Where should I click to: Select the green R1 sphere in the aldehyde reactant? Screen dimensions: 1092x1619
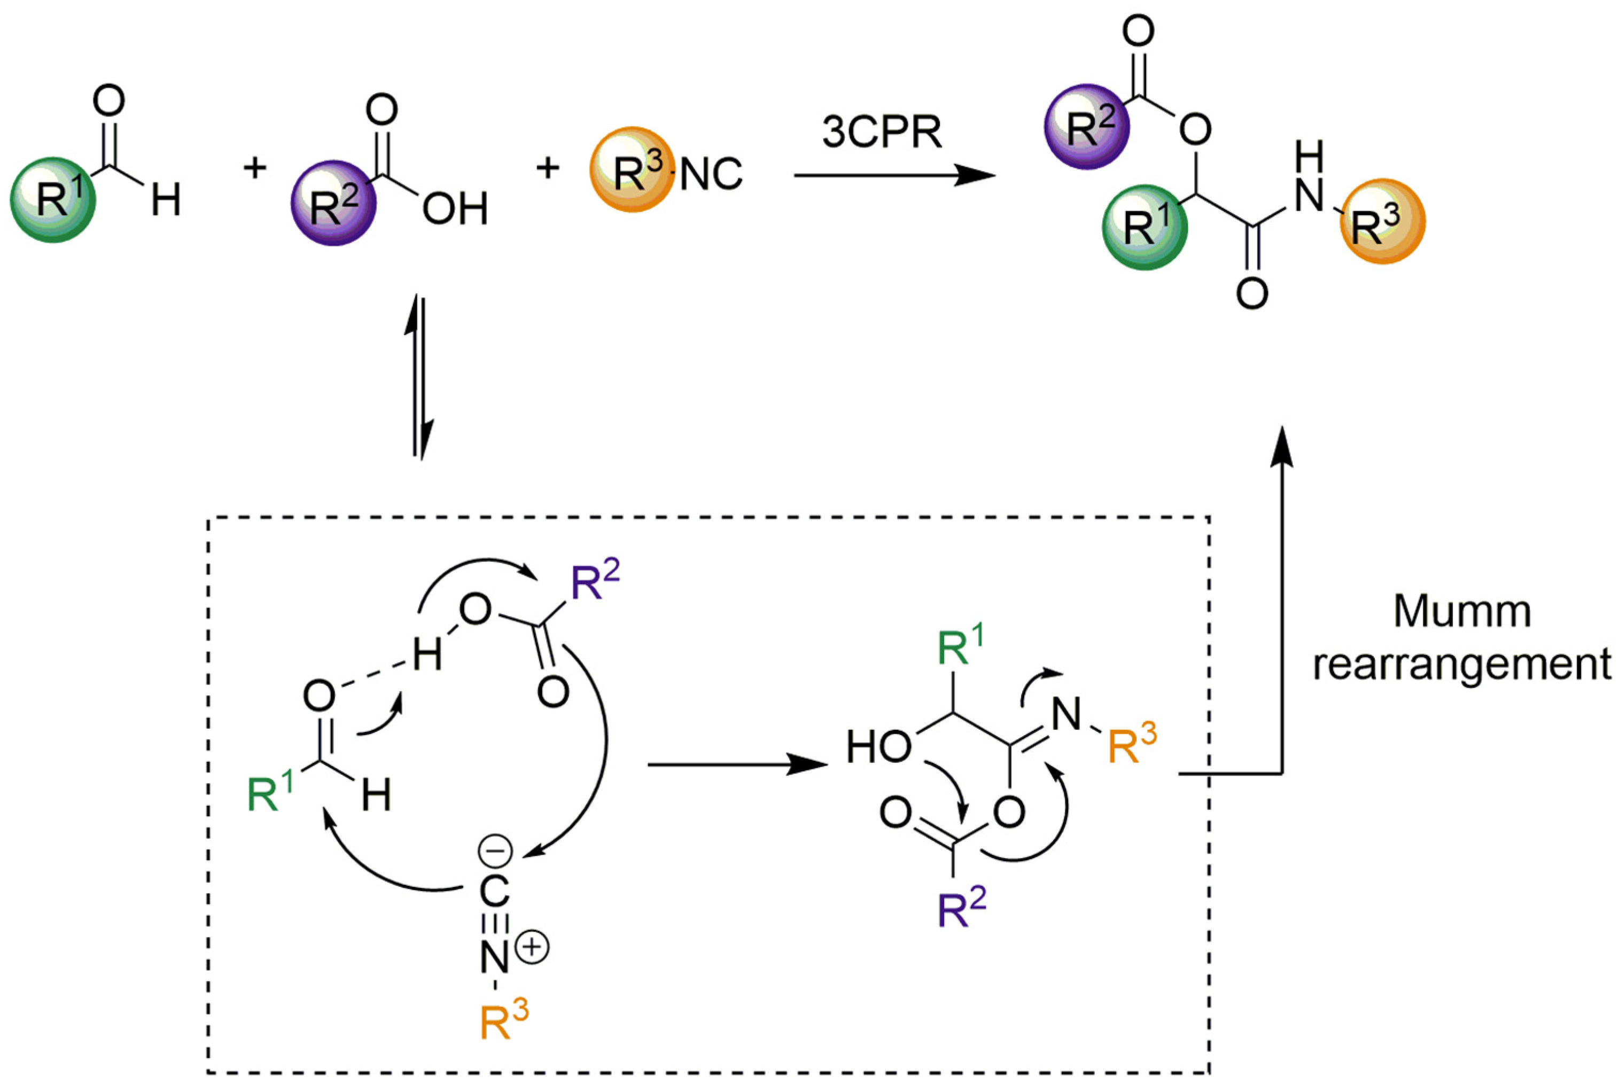53,199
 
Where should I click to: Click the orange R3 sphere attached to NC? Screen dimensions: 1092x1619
632,170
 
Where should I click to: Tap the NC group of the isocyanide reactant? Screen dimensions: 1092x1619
710,174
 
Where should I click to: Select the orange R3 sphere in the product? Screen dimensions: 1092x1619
1382,222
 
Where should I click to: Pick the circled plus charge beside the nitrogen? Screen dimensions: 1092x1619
533,948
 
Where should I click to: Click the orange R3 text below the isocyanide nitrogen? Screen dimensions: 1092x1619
503,1021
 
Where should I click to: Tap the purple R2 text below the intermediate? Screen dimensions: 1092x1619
961,909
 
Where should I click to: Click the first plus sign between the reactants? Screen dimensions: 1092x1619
255,168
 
